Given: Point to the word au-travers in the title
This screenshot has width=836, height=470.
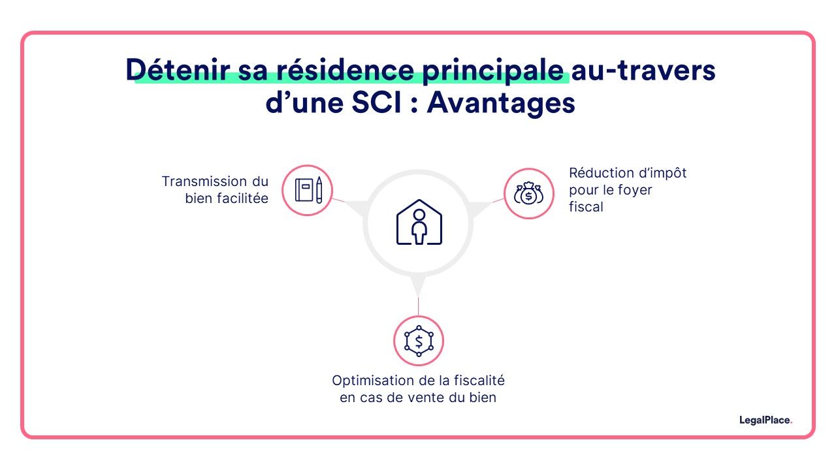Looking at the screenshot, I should coord(644,70).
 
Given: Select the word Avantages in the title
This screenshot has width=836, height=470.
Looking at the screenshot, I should coord(501,104).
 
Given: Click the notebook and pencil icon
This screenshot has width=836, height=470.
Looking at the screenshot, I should coord(308,190).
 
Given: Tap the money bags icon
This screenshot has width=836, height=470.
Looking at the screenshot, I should coord(528,193).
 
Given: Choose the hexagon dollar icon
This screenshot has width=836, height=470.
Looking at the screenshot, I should coord(418,341).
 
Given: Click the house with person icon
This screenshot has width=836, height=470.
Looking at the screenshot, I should coord(419,223).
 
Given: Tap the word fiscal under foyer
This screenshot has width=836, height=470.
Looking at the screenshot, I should coord(586,207).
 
